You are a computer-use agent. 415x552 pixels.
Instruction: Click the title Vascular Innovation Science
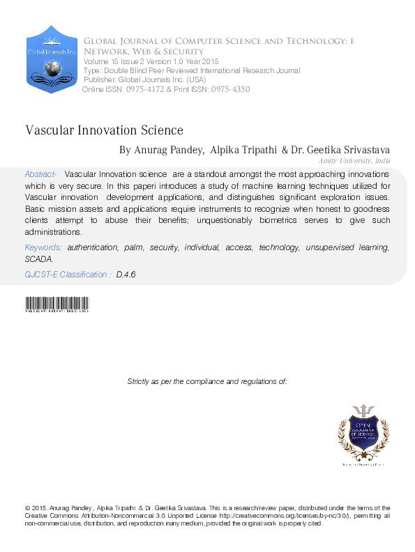click(x=104, y=130)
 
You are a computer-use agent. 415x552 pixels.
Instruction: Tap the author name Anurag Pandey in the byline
click(x=167, y=150)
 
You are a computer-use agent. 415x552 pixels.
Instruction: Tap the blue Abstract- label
click(x=40, y=174)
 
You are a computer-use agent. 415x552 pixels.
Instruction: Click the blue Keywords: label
click(x=43, y=247)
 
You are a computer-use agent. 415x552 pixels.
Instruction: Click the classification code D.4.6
click(x=126, y=275)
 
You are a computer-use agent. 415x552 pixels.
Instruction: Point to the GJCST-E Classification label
click(x=67, y=275)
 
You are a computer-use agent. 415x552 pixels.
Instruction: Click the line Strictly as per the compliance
click(x=207, y=381)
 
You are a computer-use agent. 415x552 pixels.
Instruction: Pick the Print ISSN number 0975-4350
click(x=226, y=90)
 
